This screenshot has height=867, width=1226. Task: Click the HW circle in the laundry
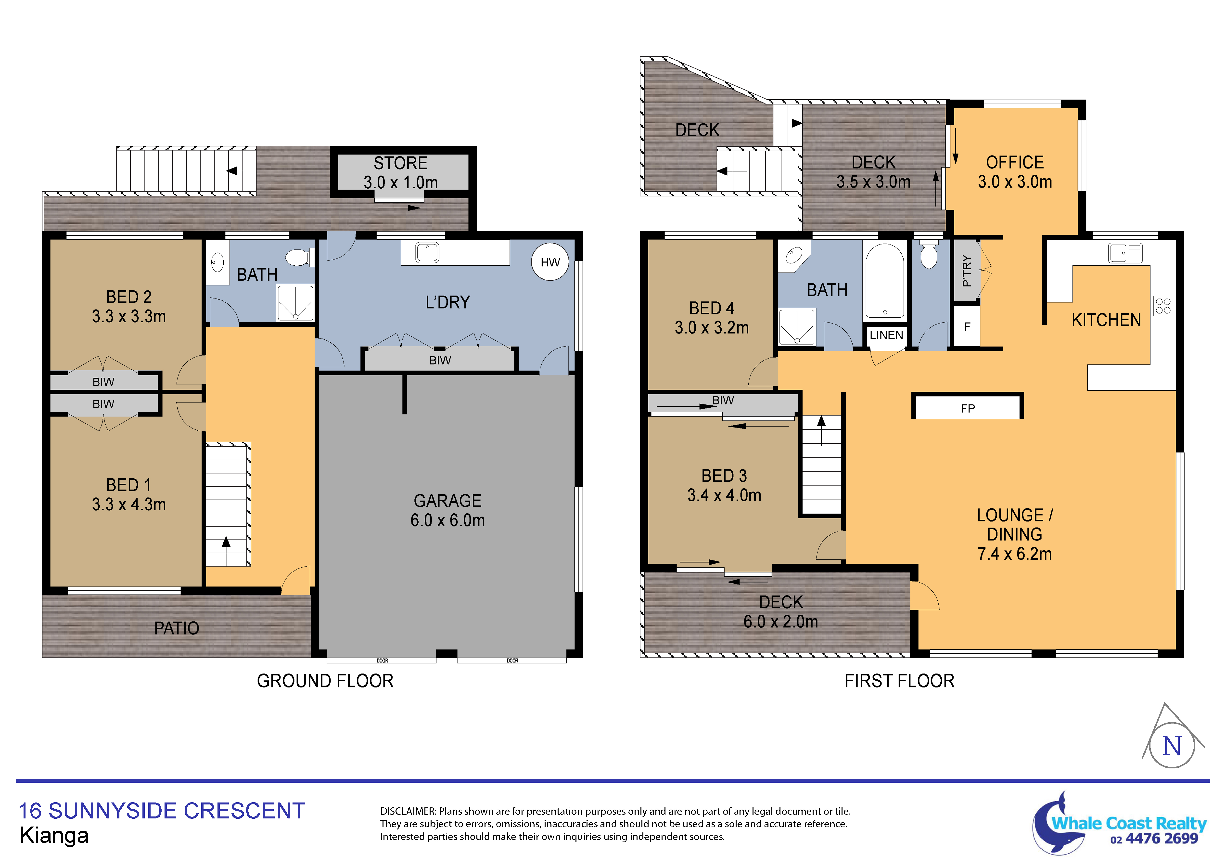pyautogui.click(x=550, y=262)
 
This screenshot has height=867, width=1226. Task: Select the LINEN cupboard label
pyautogui.click(x=886, y=335)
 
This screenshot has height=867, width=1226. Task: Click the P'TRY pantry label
pyautogui.click(x=967, y=271)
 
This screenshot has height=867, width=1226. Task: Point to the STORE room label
pyautogui.click(x=400, y=163)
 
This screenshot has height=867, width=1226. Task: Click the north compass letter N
pyautogui.click(x=1172, y=746)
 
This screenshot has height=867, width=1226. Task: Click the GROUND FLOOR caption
pyautogui.click(x=325, y=681)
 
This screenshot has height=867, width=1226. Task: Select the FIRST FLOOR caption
pyautogui.click(x=899, y=681)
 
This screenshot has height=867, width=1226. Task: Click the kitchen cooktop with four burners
pyautogui.click(x=1163, y=306)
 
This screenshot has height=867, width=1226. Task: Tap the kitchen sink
pyautogui.click(x=1125, y=253)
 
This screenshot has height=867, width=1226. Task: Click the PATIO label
pyautogui.click(x=177, y=628)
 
